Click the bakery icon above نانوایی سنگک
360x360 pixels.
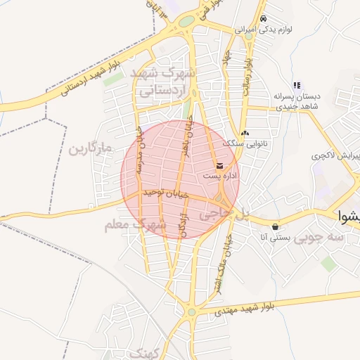[x=244, y=134]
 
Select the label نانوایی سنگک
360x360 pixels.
[x=243, y=143]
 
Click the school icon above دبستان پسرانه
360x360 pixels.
[x=297, y=85]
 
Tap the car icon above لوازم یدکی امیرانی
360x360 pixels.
[x=263, y=19]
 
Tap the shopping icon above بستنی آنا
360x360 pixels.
[x=274, y=226]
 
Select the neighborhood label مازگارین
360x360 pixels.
[x=91, y=150]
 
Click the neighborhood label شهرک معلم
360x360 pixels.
[x=134, y=225]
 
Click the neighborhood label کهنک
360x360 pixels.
[x=147, y=352]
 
